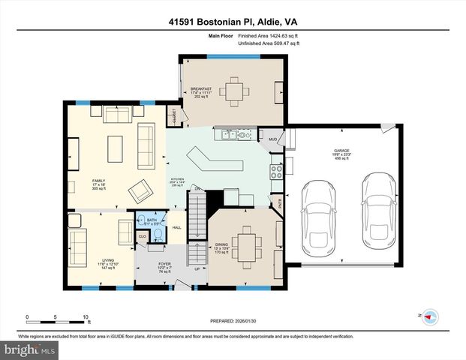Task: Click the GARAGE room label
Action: [341, 151]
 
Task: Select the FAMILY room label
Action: [99, 181]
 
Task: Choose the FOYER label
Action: [164, 264]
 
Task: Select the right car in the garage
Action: [375, 211]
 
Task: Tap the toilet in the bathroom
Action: [158, 235]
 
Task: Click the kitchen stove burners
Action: [276, 169]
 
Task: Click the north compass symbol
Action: [430, 316]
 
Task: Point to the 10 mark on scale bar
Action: [86, 317]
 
